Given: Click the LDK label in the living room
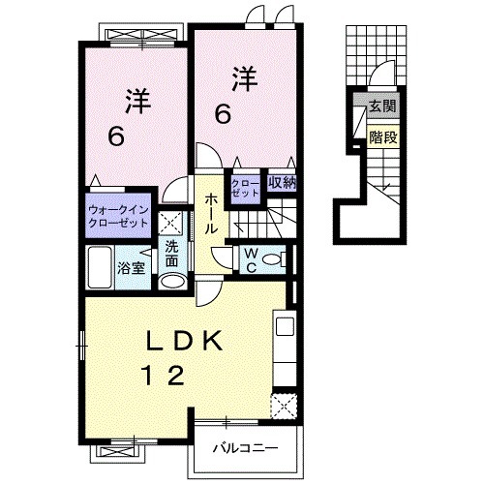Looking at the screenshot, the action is [x=184, y=341].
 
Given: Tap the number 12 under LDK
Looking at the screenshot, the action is [x=165, y=375].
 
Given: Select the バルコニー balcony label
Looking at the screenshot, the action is [x=245, y=448].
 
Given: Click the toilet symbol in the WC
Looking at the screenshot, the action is [x=274, y=259].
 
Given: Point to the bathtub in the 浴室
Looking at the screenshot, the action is [x=100, y=267].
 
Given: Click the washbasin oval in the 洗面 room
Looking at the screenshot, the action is [x=173, y=281].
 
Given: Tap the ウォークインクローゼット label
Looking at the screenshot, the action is [x=118, y=217].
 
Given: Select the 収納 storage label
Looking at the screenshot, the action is [x=282, y=183].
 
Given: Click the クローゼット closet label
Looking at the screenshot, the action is [x=245, y=189].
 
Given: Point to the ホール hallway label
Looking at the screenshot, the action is [x=210, y=213].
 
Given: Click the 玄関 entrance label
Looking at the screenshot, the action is [x=382, y=106].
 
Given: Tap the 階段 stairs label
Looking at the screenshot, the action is [x=383, y=137].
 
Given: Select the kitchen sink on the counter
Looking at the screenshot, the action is [x=285, y=326].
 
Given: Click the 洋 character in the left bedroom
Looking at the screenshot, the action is [x=138, y=102].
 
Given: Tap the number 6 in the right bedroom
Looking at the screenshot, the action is [x=223, y=115].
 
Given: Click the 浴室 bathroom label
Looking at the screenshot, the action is [x=131, y=268].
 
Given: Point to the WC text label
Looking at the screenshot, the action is [x=251, y=259].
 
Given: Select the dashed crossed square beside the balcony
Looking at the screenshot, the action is [x=284, y=406].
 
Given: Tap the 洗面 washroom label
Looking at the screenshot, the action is [x=171, y=254].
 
